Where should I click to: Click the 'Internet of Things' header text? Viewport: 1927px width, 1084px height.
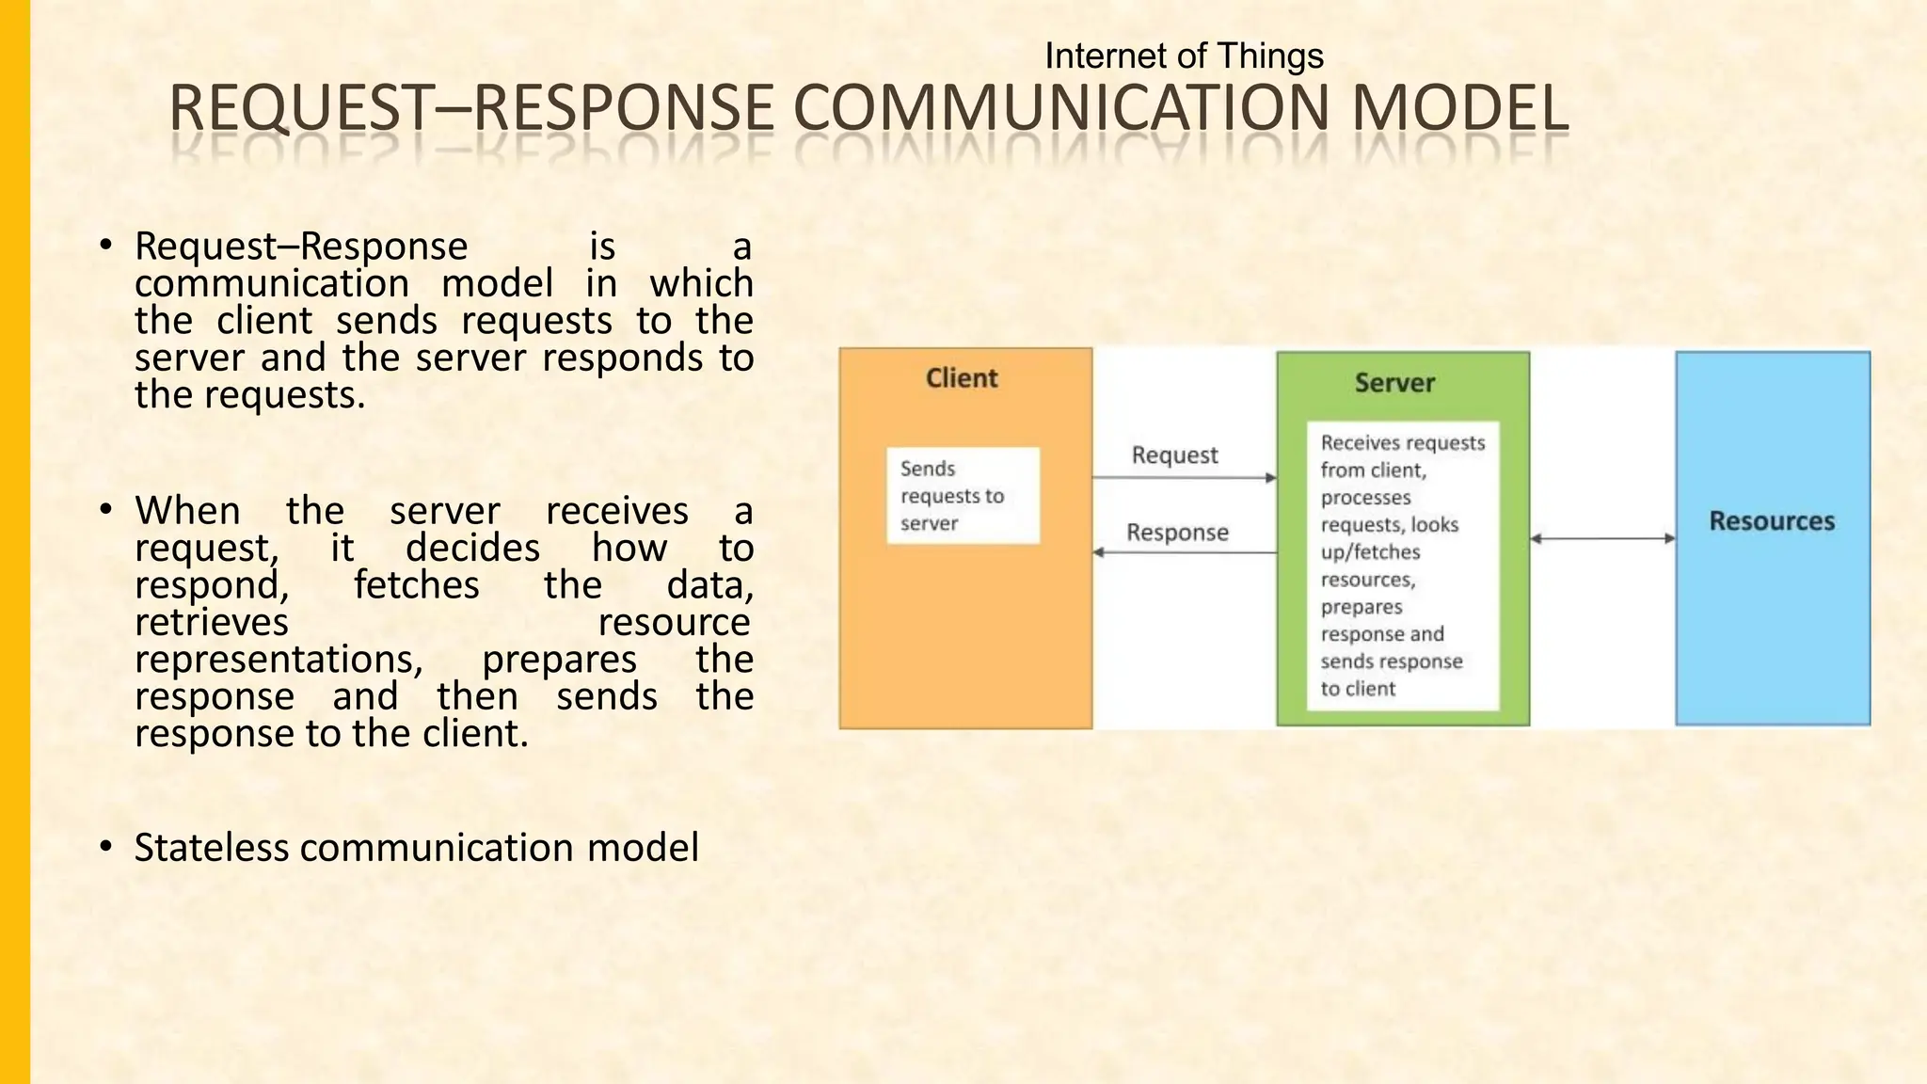pos(1184,56)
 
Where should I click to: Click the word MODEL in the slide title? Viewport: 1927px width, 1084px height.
pos(1460,108)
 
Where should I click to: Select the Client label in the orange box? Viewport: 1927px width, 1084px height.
pos(962,378)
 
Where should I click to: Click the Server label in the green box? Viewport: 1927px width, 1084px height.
pos(1394,383)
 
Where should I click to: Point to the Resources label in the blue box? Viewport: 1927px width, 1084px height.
pos(1772,521)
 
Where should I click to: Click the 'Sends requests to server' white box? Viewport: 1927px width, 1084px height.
pos(963,496)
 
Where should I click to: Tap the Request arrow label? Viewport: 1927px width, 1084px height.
pos(1174,455)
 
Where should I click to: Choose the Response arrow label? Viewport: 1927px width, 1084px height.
pos(1177,533)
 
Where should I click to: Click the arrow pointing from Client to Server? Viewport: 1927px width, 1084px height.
pos(1184,478)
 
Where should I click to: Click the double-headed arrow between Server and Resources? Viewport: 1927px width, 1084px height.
pos(1602,538)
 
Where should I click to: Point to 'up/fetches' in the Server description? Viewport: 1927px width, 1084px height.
pos(1370,552)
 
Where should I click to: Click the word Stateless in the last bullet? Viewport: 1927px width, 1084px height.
pos(212,848)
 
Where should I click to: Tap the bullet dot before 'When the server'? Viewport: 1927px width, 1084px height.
pos(106,510)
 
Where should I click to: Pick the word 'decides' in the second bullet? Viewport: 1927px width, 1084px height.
pos(472,549)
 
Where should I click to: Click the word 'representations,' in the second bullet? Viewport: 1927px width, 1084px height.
pos(279,660)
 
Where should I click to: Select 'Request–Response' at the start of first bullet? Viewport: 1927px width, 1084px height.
pos(301,247)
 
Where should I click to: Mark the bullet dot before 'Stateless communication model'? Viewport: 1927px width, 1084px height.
pos(106,847)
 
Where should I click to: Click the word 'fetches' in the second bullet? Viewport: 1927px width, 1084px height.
pos(416,586)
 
